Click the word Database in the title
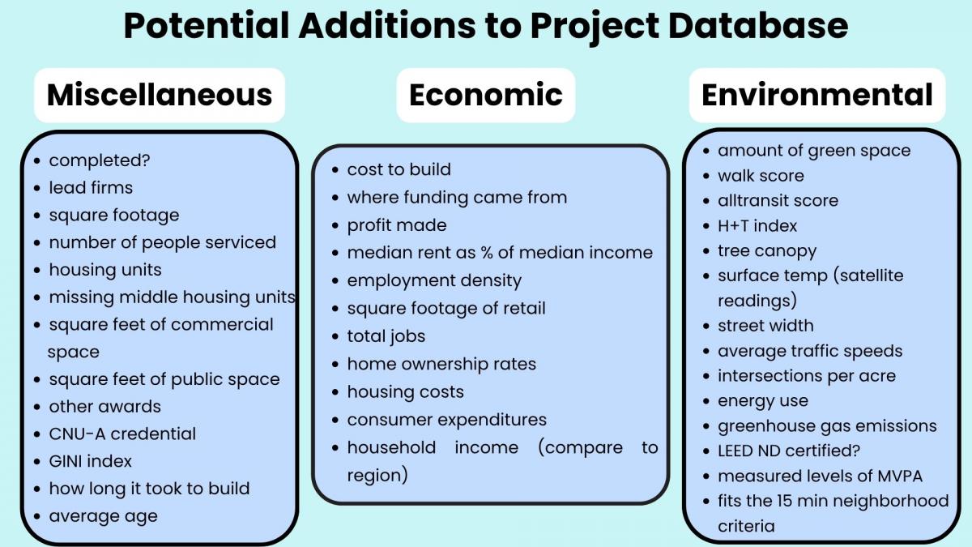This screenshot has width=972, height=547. [758, 26]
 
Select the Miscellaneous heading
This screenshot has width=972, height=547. [160, 95]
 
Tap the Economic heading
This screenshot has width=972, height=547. [485, 95]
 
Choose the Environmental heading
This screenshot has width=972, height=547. [817, 95]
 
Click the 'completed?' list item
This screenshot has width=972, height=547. [100, 160]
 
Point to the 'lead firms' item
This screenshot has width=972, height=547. [91, 187]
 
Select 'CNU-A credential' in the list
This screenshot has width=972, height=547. [122, 434]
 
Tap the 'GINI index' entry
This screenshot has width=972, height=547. [90, 461]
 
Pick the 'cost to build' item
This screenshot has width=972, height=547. [399, 169]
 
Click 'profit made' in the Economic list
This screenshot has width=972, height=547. [397, 225]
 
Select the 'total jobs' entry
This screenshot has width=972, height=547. [386, 336]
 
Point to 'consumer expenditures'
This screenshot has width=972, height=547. [447, 420]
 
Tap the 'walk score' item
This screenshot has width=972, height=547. [761, 176]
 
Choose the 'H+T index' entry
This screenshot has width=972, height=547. [757, 226]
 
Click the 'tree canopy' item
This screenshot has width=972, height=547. [767, 251]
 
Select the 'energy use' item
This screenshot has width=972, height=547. [763, 401]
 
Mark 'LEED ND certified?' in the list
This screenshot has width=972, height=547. [789, 451]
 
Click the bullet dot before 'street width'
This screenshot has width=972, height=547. [706, 327]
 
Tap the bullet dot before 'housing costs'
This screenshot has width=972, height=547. [335, 392]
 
